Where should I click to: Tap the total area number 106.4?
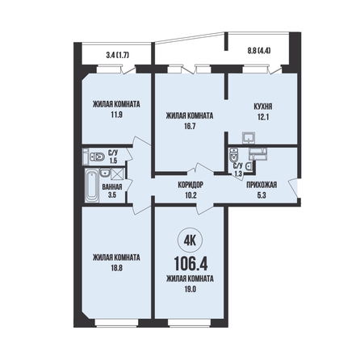point(190,263)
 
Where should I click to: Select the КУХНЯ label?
point(263,107)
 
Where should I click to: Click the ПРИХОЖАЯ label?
point(262,185)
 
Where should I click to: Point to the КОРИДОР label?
point(190,185)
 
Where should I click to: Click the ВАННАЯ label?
point(112,186)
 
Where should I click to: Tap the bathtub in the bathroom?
point(92,186)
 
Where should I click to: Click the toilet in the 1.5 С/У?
point(97,157)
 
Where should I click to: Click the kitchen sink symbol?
point(249,138)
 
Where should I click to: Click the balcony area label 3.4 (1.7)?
point(118,56)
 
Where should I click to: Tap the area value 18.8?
point(116,268)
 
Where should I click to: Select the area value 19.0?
point(190,289)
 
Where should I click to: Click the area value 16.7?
point(190,126)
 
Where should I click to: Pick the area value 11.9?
point(116,115)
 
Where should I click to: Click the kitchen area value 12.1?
point(263,117)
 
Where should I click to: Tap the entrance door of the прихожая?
point(294,188)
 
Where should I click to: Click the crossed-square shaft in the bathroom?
point(117,174)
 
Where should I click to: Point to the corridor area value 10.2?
point(190,195)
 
